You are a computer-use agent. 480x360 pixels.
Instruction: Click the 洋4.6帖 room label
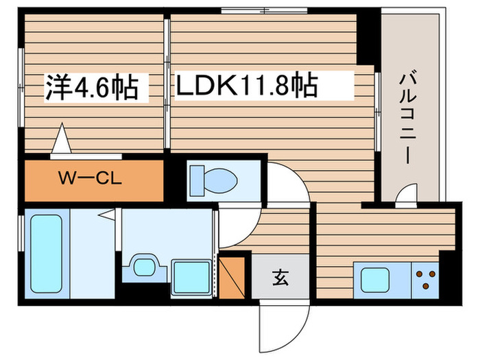[x=92, y=86]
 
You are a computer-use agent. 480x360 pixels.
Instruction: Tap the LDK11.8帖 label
[x=247, y=86]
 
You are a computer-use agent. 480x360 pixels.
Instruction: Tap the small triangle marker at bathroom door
[x=107, y=215]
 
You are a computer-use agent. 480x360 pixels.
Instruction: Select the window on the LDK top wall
[x=264, y=10]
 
